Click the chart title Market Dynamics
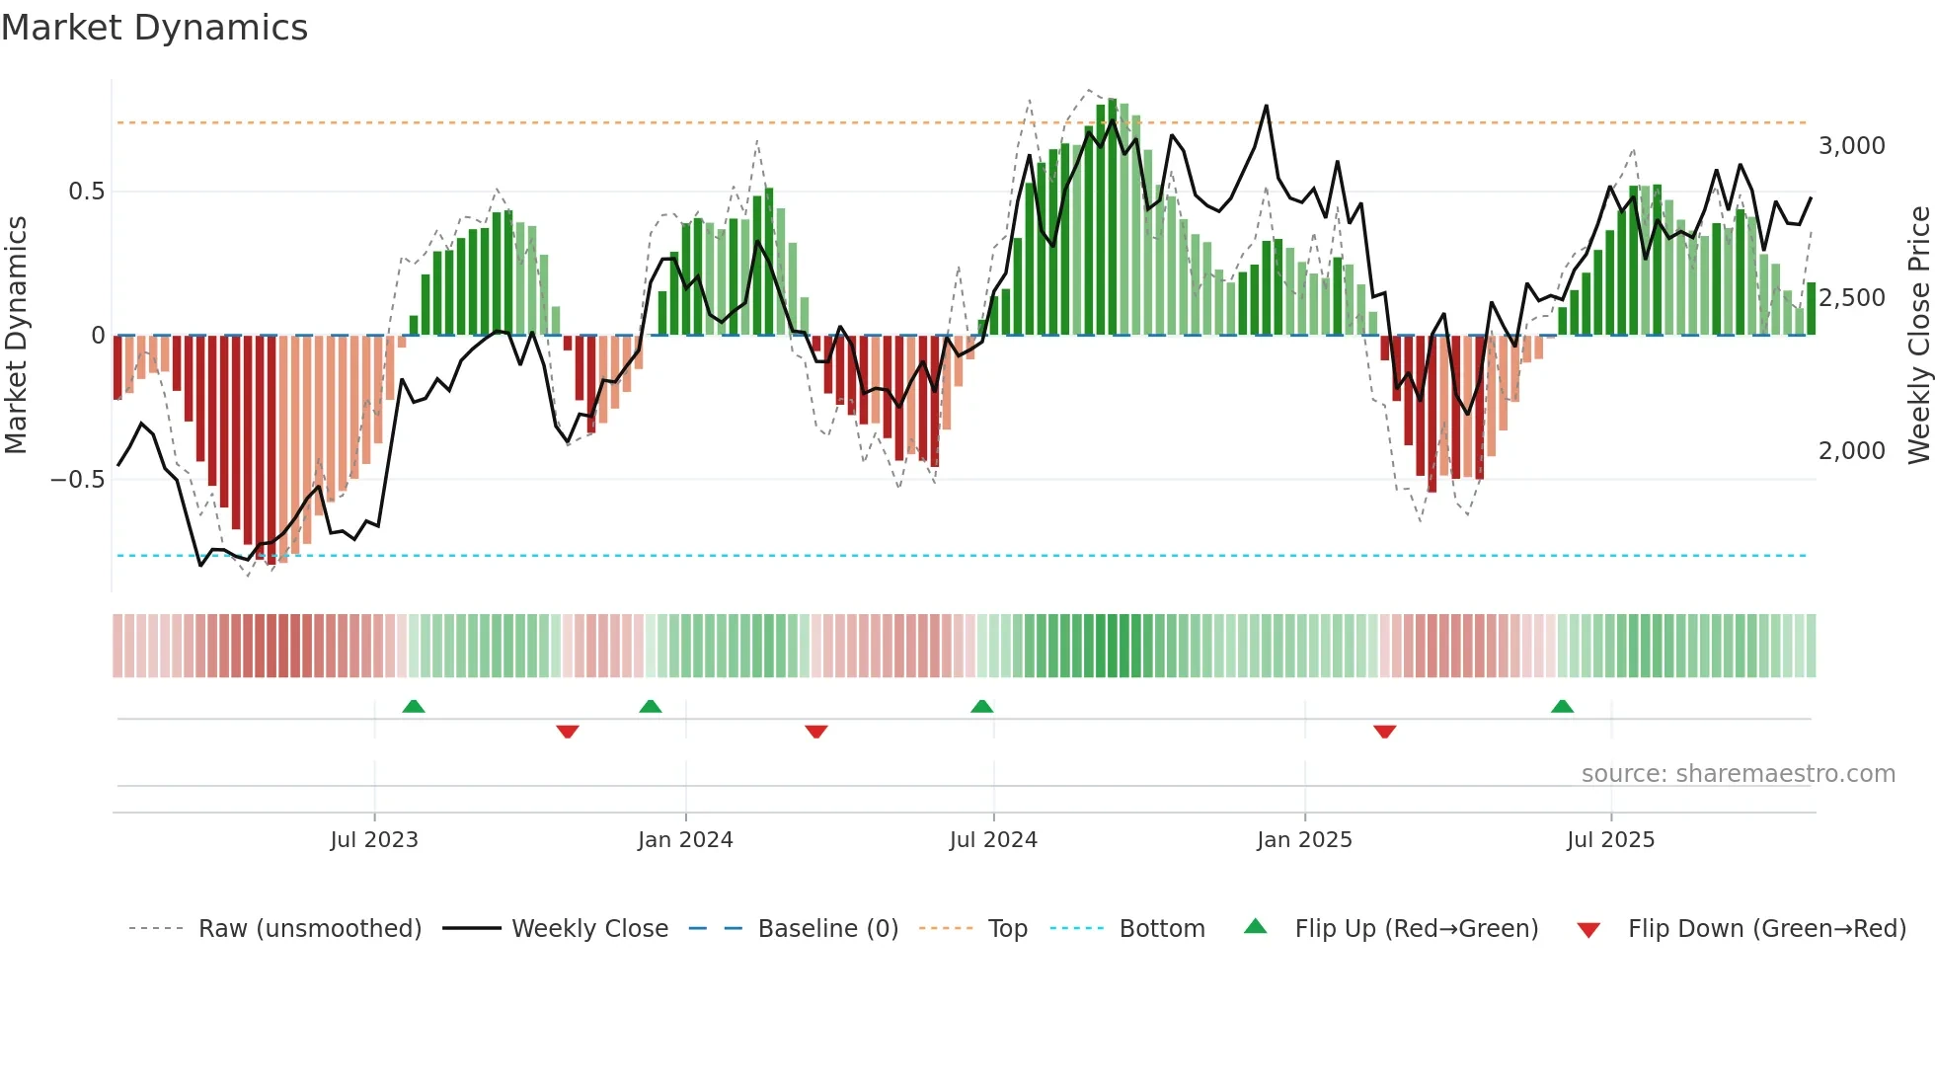click(x=154, y=28)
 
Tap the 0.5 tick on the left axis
click(x=86, y=192)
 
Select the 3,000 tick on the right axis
click(x=1851, y=146)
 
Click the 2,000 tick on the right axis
click(x=1851, y=451)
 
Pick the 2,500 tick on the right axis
click(x=1851, y=298)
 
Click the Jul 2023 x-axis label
click(x=374, y=840)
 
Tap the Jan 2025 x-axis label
click(x=1304, y=840)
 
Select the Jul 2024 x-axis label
click(x=993, y=840)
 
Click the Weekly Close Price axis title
click(x=1918, y=336)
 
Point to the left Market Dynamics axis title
click(x=16, y=336)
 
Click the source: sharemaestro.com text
click(x=1738, y=774)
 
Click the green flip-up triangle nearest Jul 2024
click(x=981, y=707)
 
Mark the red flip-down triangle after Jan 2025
click(x=1384, y=732)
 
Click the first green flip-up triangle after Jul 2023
click(x=414, y=707)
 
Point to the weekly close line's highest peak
click(x=1266, y=106)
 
